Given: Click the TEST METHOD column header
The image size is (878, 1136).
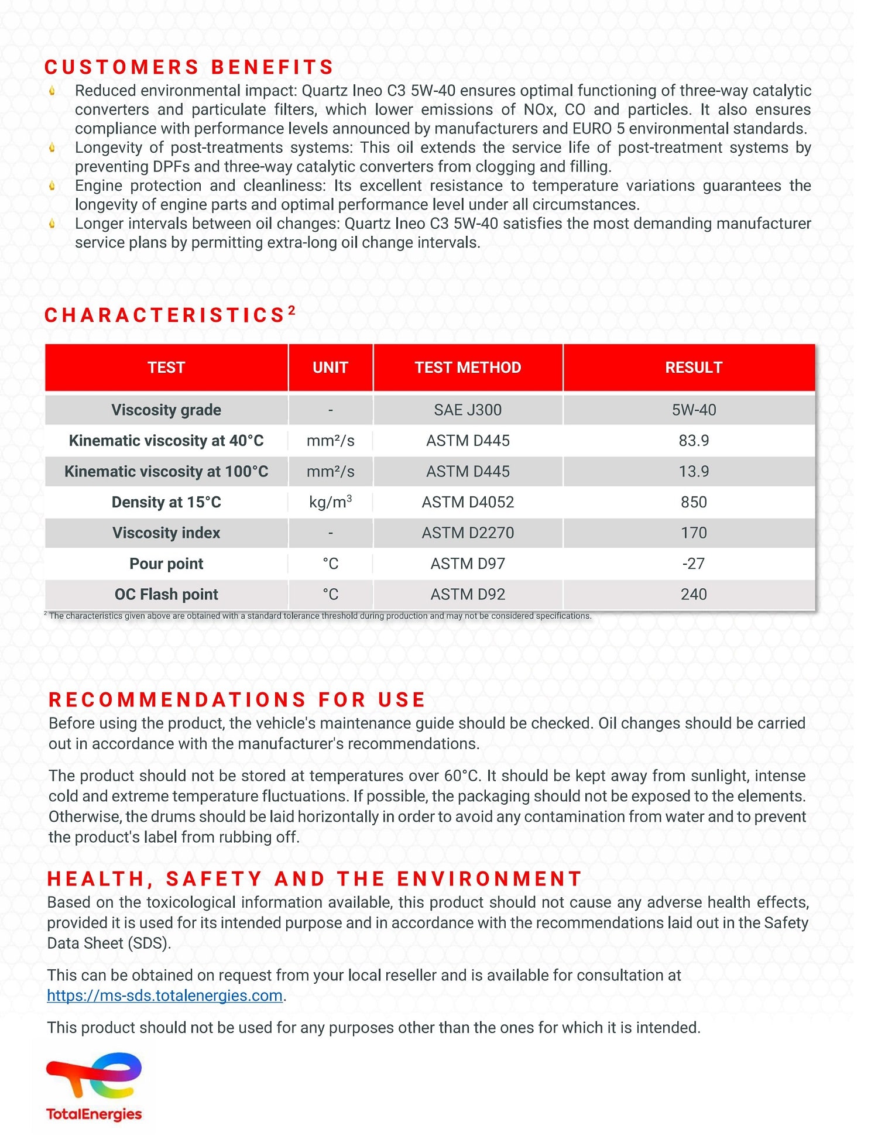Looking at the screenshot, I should (x=468, y=368).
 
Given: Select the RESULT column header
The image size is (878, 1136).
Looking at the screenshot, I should (x=694, y=368).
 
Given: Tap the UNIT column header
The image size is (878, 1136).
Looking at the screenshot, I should (x=330, y=368).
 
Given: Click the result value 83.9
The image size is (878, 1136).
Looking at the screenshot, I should (x=694, y=441).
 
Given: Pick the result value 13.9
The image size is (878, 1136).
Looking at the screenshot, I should (x=694, y=471).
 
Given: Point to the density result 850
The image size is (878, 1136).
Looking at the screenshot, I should (x=694, y=502).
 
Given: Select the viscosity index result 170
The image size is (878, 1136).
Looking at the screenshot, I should (x=694, y=533).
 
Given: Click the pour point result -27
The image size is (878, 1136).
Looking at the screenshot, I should (x=694, y=564).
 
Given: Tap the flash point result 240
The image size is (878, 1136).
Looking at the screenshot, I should (x=694, y=594).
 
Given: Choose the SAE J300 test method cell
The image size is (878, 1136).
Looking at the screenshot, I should (x=468, y=410).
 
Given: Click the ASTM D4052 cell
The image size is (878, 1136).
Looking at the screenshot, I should (x=468, y=502).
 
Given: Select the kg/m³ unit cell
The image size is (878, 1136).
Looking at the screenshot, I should (x=330, y=502).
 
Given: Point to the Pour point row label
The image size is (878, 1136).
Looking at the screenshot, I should (x=166, y=564).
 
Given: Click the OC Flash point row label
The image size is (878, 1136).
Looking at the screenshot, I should (x=166, y=594).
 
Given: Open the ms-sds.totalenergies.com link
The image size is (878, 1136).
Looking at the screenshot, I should (x=164, y=996).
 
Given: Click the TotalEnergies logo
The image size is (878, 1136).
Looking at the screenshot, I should (x=94, y=1086).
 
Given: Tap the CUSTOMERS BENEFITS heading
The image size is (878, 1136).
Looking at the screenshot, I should (x=188, y=67).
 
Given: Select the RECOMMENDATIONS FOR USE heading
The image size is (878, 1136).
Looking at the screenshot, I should (x=236, y=699).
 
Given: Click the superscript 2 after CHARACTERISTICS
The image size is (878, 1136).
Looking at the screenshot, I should (x=291, y=310).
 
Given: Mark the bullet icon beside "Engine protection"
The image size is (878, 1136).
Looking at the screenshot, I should (x=53, y=186).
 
